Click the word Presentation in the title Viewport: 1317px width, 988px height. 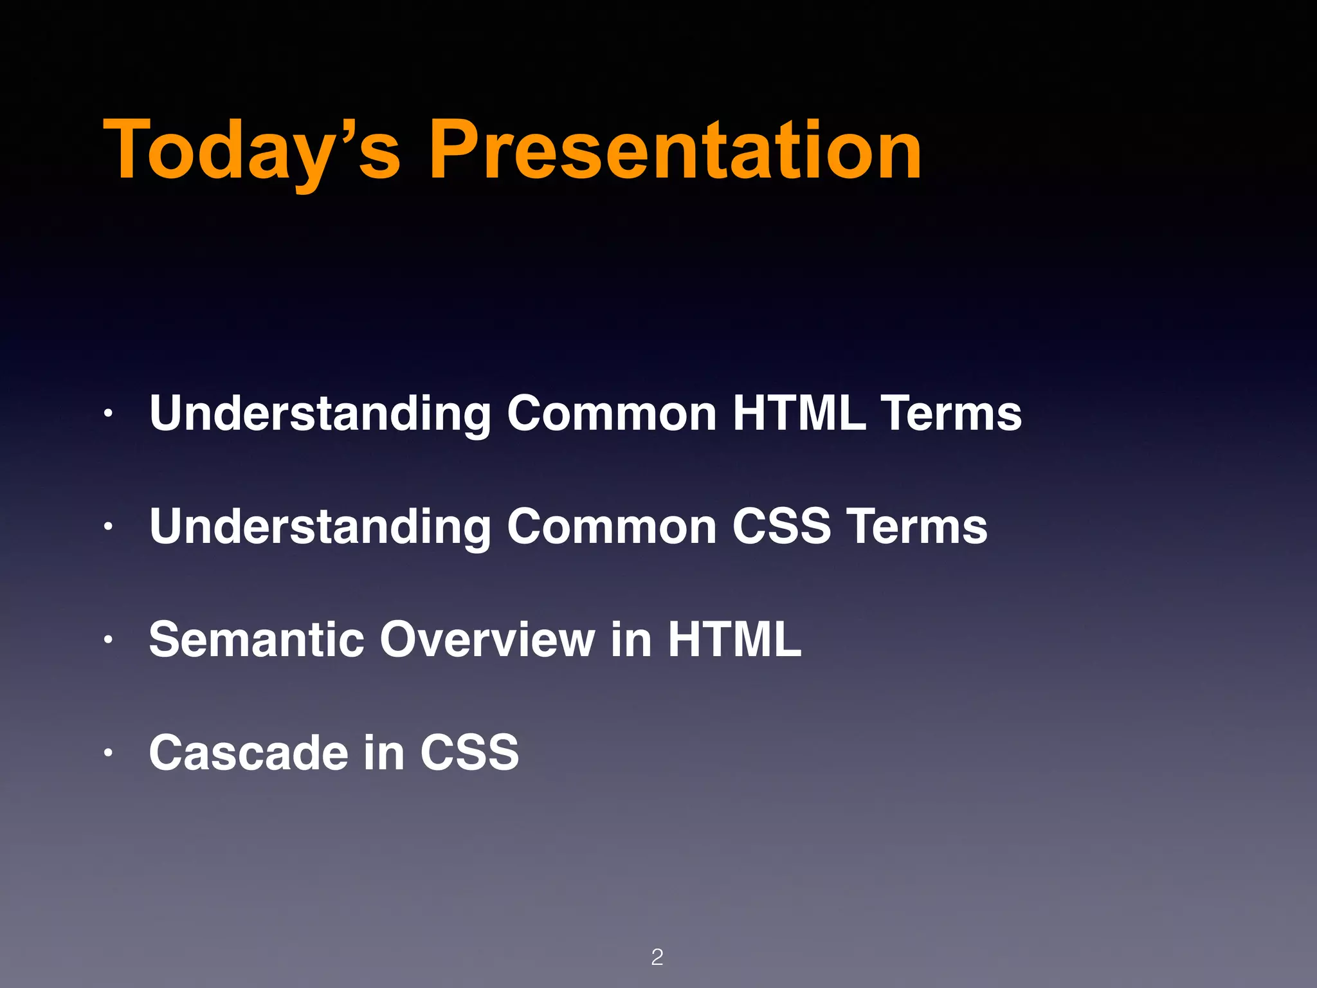[675, 151]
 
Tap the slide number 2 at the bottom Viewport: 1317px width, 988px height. [657, 957]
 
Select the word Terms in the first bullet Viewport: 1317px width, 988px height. [951, 413]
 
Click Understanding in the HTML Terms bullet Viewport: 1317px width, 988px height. [320, 413]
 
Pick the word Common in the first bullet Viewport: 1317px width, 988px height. [612, 413]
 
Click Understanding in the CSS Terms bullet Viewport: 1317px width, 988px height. [320, 526]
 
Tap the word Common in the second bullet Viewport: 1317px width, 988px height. [612, 526]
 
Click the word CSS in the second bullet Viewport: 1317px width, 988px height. [782, 526]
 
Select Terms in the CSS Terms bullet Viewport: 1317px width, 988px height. [916, 526]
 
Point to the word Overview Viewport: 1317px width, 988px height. [487, 639]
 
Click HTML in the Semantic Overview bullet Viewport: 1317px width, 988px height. [734, 639]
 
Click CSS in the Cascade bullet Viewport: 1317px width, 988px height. [469, 753]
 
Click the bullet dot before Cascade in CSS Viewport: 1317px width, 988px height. [109, 753]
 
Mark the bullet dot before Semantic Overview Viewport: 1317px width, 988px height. [109, 640]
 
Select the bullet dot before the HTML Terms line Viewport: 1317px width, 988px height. [109, 414]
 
